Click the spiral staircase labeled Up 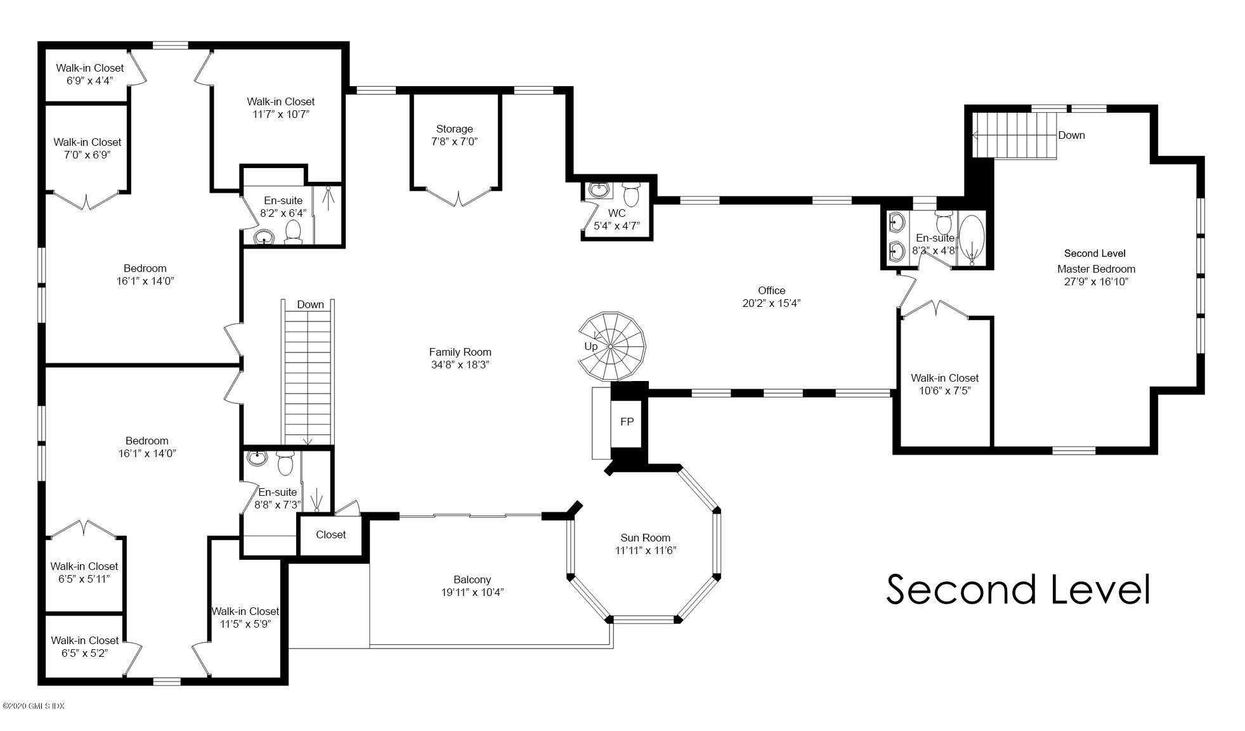(611, 346)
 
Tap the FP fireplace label (627, 422)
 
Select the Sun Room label (645, 544)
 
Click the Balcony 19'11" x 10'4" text (472, 586)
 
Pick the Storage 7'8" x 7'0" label (454, 135)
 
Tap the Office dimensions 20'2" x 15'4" (771, 303)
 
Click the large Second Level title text (1017, 589)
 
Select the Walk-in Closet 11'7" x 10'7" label (280, 108)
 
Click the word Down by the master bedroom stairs (1071, 135)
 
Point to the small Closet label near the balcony (330, 534)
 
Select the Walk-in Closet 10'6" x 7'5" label (944, 384)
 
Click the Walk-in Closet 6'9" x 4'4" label (89, 74)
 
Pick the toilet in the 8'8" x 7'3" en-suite (285, 465)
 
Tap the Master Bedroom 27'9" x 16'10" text (1096, 275)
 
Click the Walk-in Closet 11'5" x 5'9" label (245, 617)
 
